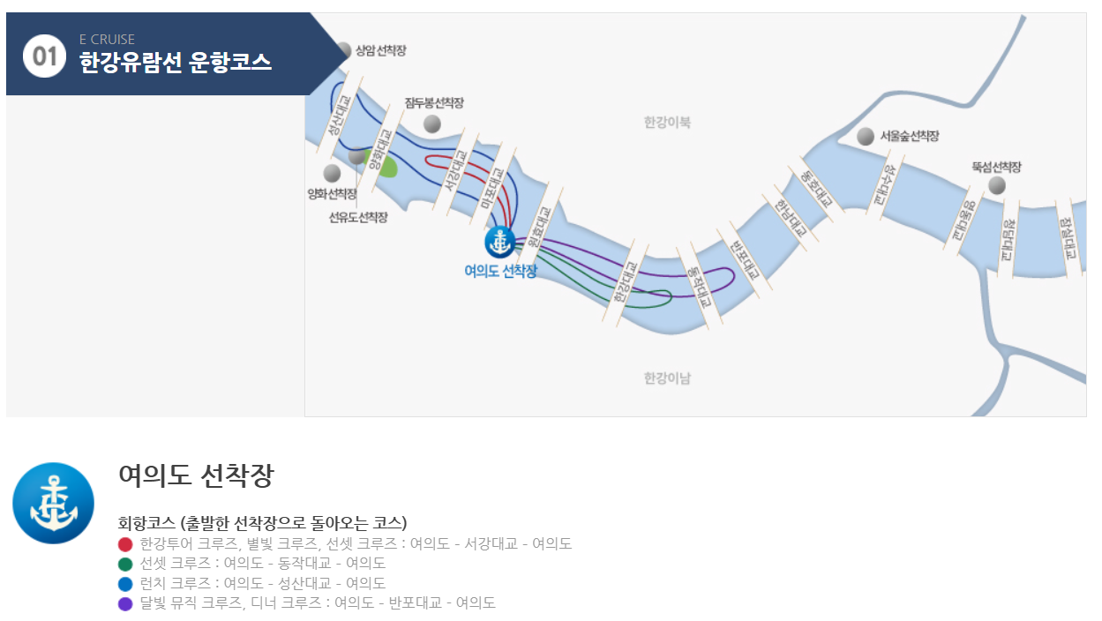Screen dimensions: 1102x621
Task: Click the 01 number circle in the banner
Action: [44, 56]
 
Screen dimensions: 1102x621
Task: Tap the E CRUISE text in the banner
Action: [107, 40]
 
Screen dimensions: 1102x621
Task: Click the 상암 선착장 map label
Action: [380, 50]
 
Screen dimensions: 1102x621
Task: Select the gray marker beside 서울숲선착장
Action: [866, 137]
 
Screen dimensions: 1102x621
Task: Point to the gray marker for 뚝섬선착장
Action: [996, 185]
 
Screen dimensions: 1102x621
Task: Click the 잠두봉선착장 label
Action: [434, 103]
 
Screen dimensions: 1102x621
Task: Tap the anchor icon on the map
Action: [499, 242]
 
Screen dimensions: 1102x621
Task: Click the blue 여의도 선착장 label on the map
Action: [500, 271]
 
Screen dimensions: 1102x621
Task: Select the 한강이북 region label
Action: [667, 123]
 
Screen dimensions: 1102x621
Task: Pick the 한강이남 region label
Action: [667, 378]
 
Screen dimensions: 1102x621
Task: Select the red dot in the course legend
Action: [125, 544]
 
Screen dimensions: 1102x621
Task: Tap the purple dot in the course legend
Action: [125, 603]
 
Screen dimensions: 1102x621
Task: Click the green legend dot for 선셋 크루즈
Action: [125, 564]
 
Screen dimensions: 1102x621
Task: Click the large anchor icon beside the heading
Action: [53, 503]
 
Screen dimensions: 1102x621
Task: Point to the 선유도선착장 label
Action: [358, 217]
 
